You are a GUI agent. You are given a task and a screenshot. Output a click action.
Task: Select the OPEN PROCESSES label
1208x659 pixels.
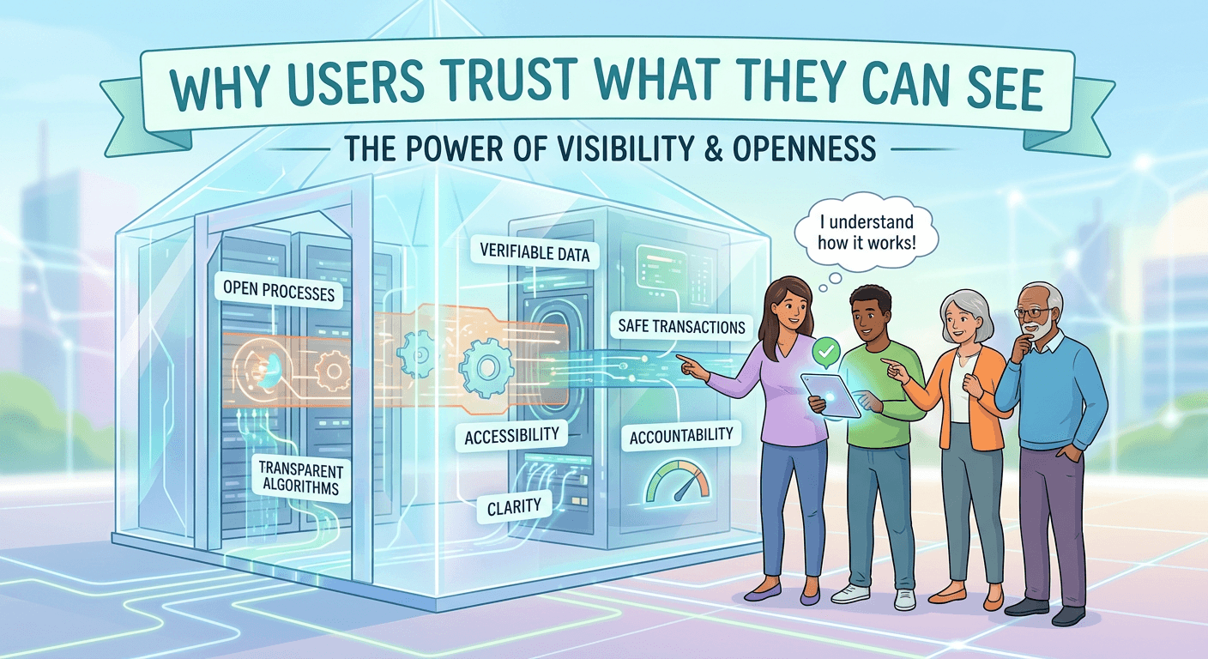click(x=278, y=291)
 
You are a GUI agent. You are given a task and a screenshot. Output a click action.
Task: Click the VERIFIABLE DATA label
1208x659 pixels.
click(x=535, y=252)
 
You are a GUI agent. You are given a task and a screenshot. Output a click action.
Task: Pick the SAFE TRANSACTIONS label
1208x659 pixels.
click(x=681, y=326)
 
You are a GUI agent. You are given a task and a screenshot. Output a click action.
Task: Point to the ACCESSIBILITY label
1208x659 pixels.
click(x=511, y=436)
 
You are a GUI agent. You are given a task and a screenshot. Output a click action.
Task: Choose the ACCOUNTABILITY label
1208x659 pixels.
click(x=681, y=436)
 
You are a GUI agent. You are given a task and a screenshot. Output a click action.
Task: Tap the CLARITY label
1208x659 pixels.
click(x=514, y=506)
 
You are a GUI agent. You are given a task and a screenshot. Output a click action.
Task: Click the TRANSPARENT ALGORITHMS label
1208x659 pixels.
click(x=300, y=478)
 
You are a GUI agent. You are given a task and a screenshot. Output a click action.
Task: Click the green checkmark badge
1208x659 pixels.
click(x=825, y=352)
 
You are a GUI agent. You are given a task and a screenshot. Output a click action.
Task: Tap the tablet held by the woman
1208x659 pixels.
click(x=830, y=396)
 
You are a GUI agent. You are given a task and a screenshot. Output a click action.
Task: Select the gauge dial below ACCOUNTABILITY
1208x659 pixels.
click(x=679, y=481)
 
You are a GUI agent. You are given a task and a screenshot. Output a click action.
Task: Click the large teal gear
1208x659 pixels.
click(x=486, y=368)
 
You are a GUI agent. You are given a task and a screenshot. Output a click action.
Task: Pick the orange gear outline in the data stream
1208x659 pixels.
click(x=333, y=371)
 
